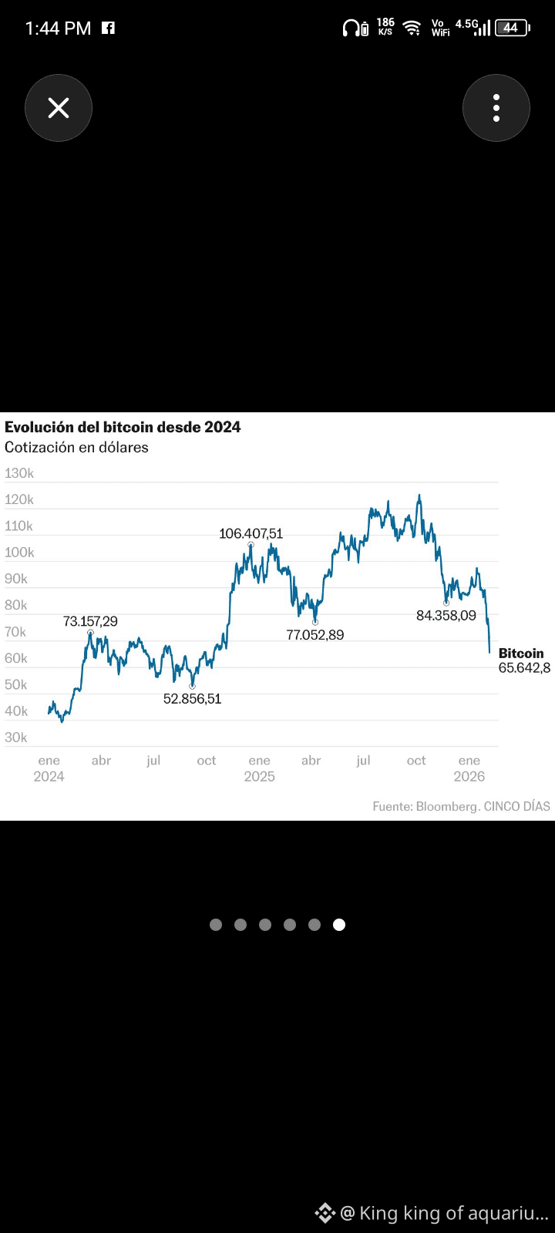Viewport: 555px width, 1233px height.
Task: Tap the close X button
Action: coord(59,108)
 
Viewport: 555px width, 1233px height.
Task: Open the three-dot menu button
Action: coord(496,108)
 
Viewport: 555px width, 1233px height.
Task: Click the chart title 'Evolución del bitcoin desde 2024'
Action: coord(123,427)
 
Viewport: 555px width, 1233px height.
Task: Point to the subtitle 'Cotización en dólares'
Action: coord(76,447)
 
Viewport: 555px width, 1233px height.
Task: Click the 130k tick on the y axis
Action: coord(19,473)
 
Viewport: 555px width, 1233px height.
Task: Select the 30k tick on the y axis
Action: coord(16,737)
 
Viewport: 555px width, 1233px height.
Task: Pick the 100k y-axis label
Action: coord(19,552)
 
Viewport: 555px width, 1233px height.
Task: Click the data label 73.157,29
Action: coord(90,621)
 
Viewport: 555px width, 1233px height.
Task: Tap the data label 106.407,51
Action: coord(251,533)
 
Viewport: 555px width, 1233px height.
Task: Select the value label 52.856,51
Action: coord(192,698)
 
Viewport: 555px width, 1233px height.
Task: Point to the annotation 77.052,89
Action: coord(315,635)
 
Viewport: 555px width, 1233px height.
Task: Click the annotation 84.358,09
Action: coord(446,616)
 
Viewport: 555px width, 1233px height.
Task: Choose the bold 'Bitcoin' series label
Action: coord(521,653)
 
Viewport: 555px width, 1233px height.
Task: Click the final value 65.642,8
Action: coord(524,667)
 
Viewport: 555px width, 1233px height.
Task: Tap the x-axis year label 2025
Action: coord(259,776)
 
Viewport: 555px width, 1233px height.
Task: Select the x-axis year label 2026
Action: coord(469,776)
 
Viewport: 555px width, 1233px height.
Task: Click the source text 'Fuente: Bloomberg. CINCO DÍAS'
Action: coord(462,806)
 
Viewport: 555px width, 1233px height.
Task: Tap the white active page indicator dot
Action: coord(339,925)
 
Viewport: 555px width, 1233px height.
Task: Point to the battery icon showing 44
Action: coord(512,28)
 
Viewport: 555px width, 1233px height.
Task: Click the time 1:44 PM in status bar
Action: coord(58,28)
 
